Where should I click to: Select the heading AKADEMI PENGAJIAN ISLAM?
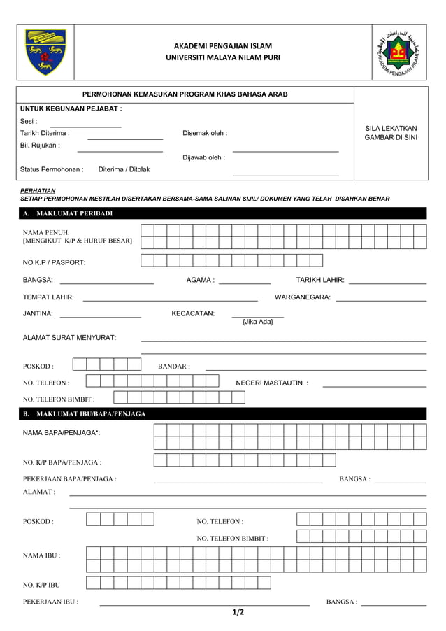click(222, 46)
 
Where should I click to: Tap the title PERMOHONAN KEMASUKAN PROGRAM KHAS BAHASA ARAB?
click(185, 94)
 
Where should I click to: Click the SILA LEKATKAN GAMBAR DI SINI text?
click(391, 133)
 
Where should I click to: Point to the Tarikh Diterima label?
click(45, 133)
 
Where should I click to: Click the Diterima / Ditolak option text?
click(124, 169)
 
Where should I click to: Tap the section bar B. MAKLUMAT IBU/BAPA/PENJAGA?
click(85, 414)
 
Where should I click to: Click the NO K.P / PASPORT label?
click(55, 262)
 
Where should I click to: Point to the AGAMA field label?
click(200, 281)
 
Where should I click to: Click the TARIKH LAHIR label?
click(319, 281)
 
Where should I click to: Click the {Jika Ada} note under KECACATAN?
click(257, 322)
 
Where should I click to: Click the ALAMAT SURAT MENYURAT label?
click(70, 338)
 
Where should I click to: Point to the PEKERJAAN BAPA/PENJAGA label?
click(70, 479)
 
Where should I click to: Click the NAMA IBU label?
click(41, 555)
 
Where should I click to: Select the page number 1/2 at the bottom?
click(238, 613)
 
